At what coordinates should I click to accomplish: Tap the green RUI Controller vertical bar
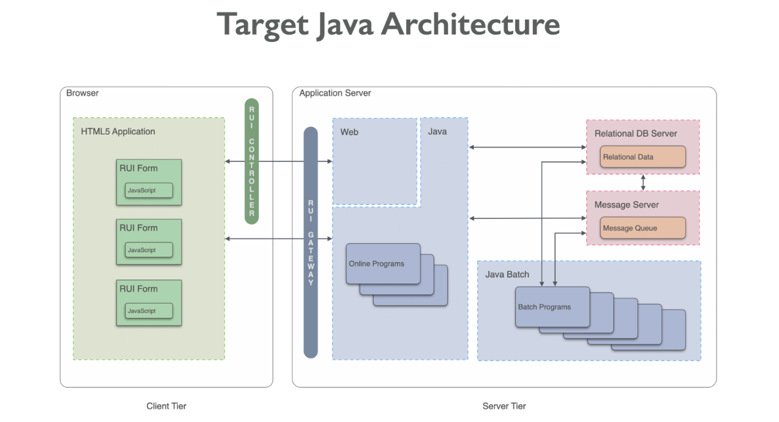pyautogui.click(x=252, y=161)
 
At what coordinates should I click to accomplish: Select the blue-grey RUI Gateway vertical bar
pyautogui.click(x=310, y=242)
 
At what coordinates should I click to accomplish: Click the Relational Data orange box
pyautogui.click(x=643, y=157)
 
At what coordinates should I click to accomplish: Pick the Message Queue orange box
pyautogui.click(x=643, y=228)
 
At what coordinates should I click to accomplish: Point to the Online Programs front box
pyautogui.click(x=383, y=264)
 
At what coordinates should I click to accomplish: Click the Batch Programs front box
pyautogui.click(x=552, y=307)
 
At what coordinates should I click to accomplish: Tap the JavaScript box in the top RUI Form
pyautogui.click(x=149, y=190)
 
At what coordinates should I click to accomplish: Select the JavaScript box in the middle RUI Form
pyautogui.click(x=149, y=250)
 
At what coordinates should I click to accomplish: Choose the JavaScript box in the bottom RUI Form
pyautogui.click(x=149, y=311)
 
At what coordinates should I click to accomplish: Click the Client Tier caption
pyautogui.click(x=166, y=406)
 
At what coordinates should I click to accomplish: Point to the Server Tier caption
pyautogui.click(x=504, y=406)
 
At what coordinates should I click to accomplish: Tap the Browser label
pyautogui.click(x=82, y=93)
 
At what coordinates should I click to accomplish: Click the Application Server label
pyautogui.click(x=335, y=93)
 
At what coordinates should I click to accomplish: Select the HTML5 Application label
pyautogui.click(x=118, y=132)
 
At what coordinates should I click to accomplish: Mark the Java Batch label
pyautogui.click(x=507, y=274)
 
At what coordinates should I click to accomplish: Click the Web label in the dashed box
pyautogui.click(x=349, y=132)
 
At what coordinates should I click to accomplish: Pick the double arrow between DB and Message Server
pyautogui.click(x=643, y=182)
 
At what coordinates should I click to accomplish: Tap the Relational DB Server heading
pyautogui.click(x=635, y=134)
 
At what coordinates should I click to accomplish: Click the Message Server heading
pyautogui.click(x=626, y=205)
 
